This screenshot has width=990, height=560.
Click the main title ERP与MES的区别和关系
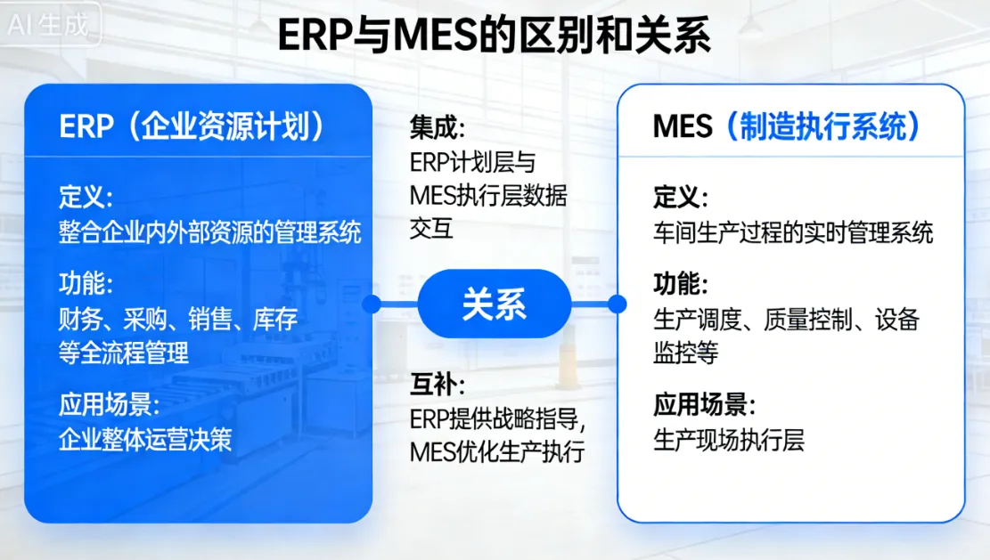tap(495, 36)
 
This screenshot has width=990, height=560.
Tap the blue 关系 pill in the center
tap(495, 304)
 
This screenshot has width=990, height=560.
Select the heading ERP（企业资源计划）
tap(192, 127)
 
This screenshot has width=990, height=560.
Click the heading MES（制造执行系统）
tap(788, 127)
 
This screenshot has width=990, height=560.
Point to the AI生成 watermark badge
tap(49, 24)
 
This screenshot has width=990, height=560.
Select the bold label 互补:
tap(438, 386)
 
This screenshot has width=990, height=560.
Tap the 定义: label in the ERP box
tap(86, 197)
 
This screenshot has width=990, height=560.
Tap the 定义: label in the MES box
tap(681, 198)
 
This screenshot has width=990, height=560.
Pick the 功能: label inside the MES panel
tap(681, 285)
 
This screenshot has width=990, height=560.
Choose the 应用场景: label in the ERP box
tap(110, 405)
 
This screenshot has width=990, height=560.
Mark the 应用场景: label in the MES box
tap(705, 406)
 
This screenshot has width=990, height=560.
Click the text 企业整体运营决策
tap(145, 440)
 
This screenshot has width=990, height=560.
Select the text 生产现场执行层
tap(729, 441)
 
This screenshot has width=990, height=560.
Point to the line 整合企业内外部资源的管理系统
tap(210, 232)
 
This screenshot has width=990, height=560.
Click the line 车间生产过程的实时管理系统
tap(793, 233)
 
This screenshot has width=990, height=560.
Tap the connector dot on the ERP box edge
tap(372, 304)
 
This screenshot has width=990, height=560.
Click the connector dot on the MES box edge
tap(617, 304)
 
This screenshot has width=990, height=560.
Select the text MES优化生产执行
tap(497, 451)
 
